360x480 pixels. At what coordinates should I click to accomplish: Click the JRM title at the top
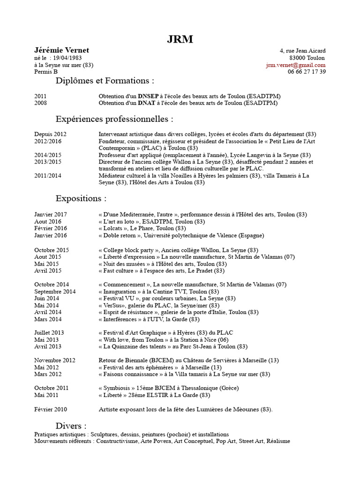(180, 39)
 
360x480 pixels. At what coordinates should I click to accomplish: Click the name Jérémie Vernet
(61, 51)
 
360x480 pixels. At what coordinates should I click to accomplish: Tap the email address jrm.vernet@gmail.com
(295, 65)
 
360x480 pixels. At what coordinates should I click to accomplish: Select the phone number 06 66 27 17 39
(307, 72)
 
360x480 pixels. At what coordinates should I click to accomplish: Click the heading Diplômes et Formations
(105, 81)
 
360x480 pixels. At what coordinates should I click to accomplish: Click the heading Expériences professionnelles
(114, 119)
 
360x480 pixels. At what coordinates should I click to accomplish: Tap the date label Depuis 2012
(50, 134)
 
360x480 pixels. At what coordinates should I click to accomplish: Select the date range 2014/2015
(48, 155)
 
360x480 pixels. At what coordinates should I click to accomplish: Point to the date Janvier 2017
(51, 214)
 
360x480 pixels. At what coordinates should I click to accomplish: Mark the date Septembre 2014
(55, 291)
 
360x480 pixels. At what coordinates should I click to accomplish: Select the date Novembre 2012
(54, 360)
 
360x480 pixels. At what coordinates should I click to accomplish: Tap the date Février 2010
(51, 409)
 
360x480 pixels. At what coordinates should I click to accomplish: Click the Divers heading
(71, 426)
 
